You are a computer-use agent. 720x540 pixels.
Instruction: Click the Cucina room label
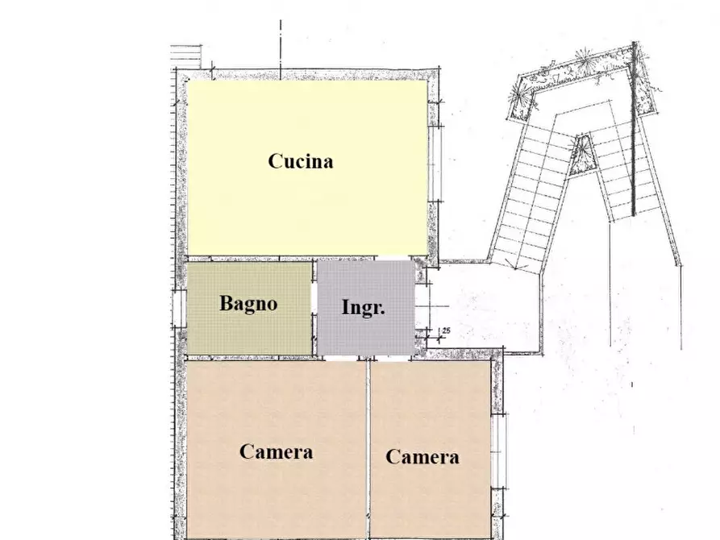click(x=300, y=161)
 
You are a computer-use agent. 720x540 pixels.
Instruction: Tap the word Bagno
click(x=248, y=304)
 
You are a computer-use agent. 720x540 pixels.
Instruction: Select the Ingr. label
click(x=364, y=308)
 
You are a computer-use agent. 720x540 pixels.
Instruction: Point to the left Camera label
click(x=276, y=451)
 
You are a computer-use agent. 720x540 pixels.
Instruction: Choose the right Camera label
click(x=422, y=457)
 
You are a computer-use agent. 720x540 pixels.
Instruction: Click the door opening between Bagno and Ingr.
click(x=314, y=307)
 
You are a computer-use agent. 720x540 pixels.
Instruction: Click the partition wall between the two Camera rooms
click(x=368, y=447)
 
